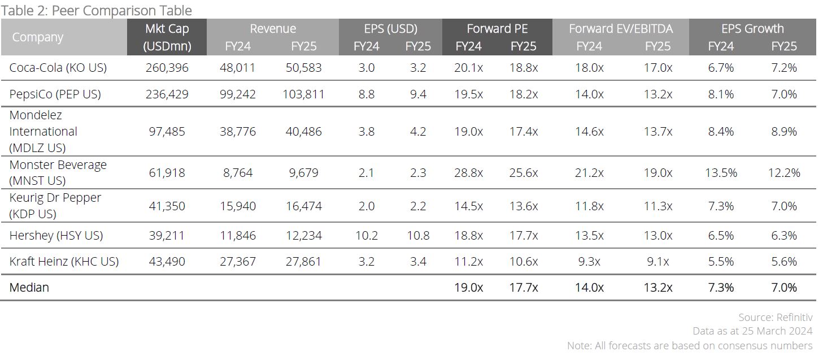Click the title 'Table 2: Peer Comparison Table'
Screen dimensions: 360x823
pyautogui.click(x=97, y=10)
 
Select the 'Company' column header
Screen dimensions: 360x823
pyautogui.click(x=37, y=37)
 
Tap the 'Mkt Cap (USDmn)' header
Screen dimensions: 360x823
pyautogui.click(x=167, y=37)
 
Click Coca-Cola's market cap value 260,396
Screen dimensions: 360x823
pyautogui.click(x=167, y=68)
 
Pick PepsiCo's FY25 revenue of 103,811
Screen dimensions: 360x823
pyautogui.click(x=304, y=94)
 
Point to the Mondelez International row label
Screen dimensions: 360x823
pyautogui.click(x=43, y=131)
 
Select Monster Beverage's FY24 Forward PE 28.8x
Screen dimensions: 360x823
pyautogui.click(x=468, y=172)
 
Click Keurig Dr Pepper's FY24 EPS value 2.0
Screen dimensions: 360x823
pyautogui.click(x=366, y=206)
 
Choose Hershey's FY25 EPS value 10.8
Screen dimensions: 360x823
pyautogui.click(x=418, y=235)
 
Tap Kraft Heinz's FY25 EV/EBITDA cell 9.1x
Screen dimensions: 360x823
pyautogui.click(x=657, y=261)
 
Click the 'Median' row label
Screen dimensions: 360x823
pyautogui.click(x=29, y=287)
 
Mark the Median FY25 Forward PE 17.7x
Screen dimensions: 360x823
pyautogui.click(x=523, y=287)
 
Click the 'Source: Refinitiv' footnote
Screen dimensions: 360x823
pyautogui.click(x=775, y=317)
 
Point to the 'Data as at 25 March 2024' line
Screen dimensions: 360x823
pyautogui.click(x=752, y=331)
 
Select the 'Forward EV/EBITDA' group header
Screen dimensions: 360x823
pyautogui.click(x=621, y=28)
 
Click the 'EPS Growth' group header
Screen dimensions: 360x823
pyautogui.click(x=752, y=28)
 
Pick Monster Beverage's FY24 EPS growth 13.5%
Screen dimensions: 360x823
pyautogui.click(x=721, y=172)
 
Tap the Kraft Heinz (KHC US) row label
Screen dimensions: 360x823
pyautogui.click(x=64, y=261)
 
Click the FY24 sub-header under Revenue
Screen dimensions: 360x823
pyautogui.click(x=238, y=46)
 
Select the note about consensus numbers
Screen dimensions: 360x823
pyautogui.click(x=690, y=345)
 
